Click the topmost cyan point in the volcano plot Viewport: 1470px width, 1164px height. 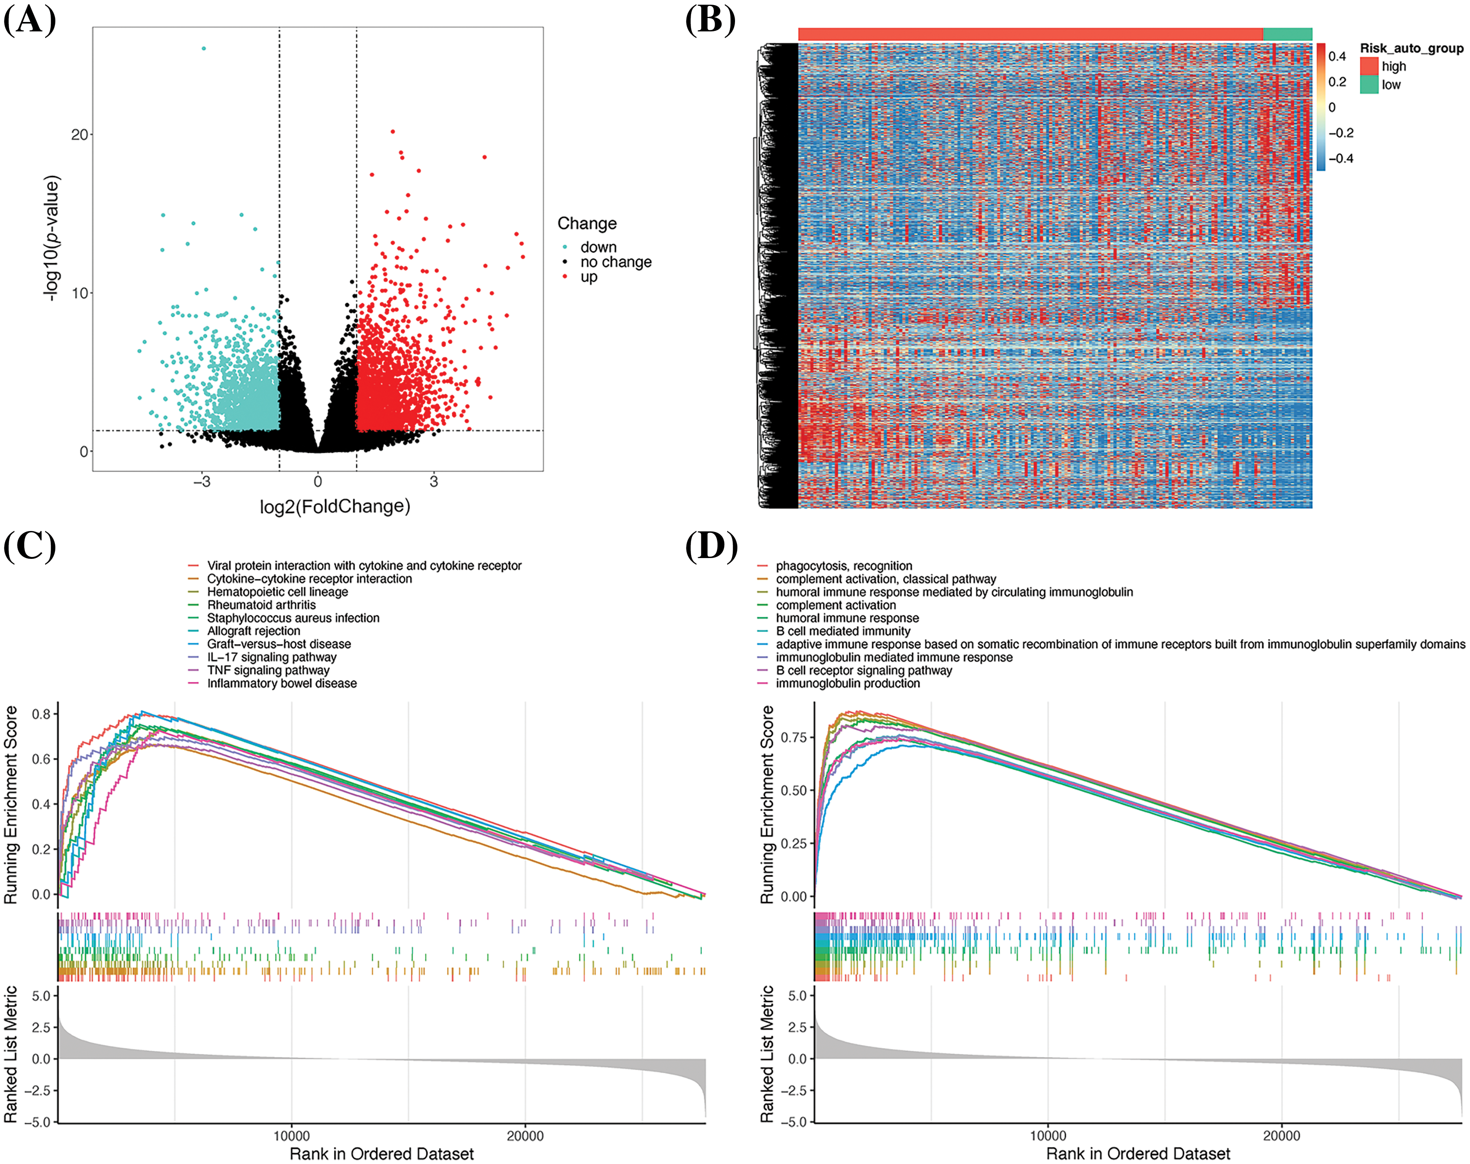coord(204,48)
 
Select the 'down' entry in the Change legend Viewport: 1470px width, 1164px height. coord(598,247)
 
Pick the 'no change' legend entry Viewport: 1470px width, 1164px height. coord(615,262)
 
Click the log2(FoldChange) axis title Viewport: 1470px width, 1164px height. coord(335,506)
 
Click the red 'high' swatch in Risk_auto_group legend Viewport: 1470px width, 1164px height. coord(1368,66)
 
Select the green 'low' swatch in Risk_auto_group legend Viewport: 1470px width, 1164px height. coord(1368,84)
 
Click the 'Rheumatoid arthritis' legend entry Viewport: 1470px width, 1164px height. coord(261,604)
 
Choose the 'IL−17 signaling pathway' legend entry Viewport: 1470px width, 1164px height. coord(271,657)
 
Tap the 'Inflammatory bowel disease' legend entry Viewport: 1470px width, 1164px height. coord(281,683)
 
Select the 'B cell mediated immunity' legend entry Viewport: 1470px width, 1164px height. coord(843,631)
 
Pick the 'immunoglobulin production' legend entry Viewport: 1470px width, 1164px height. coord(847,683)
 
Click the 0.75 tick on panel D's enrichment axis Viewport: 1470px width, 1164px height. coord(793,737)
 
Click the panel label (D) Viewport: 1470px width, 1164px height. coord(711,547)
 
